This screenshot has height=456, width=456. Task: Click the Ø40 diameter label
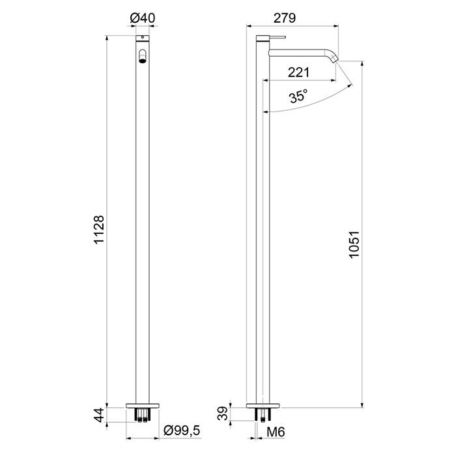143,18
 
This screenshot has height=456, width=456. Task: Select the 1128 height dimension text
99,230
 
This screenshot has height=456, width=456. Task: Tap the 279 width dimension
285,18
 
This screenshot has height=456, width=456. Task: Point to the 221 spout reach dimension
298,72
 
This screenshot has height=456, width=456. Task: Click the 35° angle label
298,96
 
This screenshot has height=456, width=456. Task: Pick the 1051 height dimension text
354,244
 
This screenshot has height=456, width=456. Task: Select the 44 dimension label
99,415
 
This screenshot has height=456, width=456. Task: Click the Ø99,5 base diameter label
182,430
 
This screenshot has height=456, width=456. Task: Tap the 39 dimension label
223,413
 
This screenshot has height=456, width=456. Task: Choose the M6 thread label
276,432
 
